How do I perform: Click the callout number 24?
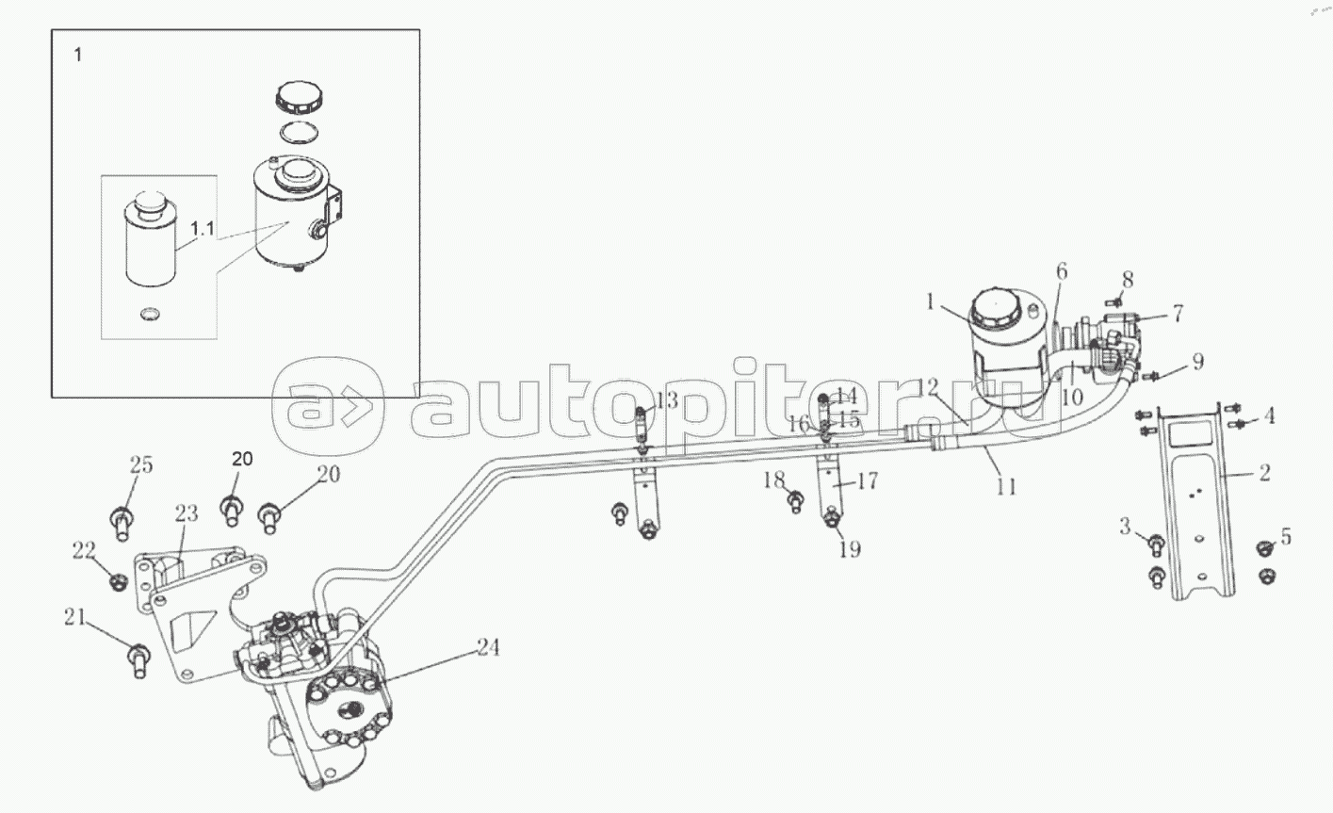[488, 647]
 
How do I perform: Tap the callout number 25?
[141, 464]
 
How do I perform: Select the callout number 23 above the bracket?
[187, 513]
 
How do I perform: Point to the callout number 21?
[75, 617]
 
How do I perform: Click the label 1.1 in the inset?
[203, 229]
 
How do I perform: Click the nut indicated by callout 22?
[117, 581]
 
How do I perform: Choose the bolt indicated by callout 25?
[122, 523]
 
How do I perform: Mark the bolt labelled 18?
[795, 502]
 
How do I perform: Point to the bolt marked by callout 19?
[832, 520]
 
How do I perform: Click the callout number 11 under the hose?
[1006, 487]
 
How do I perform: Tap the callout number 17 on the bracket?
[867, 480]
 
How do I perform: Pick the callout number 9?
[1197, 361]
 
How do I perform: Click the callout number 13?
[667, 400]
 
